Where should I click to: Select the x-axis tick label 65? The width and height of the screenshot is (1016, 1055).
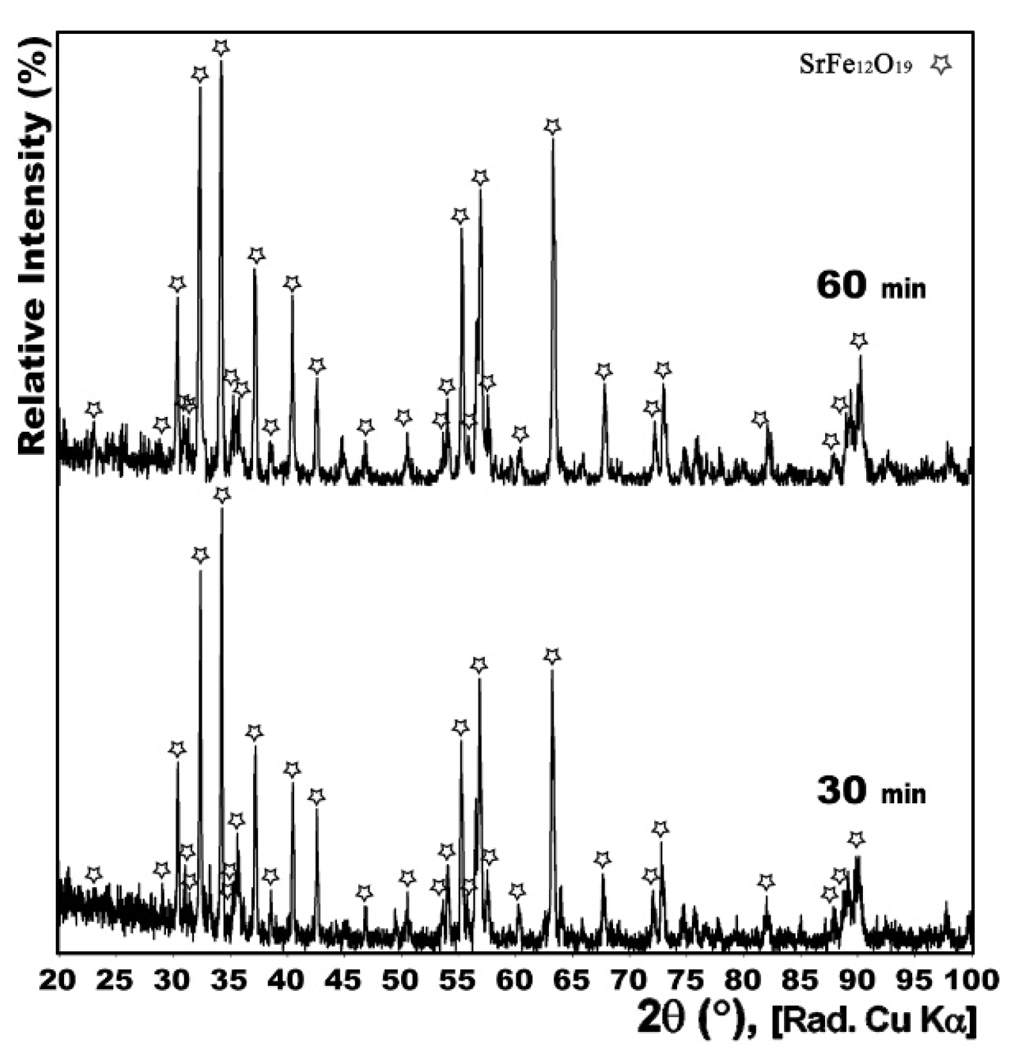pyautogui.click(x=572, y=980)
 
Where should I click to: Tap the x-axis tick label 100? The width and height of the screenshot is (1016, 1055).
pyautogui.click(x=972, y=980)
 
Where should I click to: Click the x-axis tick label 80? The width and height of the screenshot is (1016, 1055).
pyautogui.click(x=743, y=980)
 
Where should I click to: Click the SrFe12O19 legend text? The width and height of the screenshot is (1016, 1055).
pyautogui.click(x=855, y=65)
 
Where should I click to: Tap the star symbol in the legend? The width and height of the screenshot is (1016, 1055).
pyautogui.click(x=941, y=64)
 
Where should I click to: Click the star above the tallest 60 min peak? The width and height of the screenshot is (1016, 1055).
pyautogui.click(x=220, y=47)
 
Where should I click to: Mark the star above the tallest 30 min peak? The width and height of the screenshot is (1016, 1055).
pyautogui.click(x=222, y=495)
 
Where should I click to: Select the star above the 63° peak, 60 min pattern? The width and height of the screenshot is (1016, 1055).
pyautogui.click(x=552, y=126)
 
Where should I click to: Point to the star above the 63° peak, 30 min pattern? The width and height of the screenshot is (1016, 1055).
pyautogui.click(x=552, y=656)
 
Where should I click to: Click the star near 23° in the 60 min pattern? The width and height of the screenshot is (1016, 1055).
pyautogui.click(x=94, y=409)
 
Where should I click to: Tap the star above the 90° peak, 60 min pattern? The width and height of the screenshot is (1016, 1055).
pyautogui.click(x=858, y=340)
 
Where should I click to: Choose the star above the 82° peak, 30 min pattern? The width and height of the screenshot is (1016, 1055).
pyautogui.click(x=766, y=882)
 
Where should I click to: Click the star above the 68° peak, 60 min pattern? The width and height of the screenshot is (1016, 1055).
pyautogui.click(x=603, y=371)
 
